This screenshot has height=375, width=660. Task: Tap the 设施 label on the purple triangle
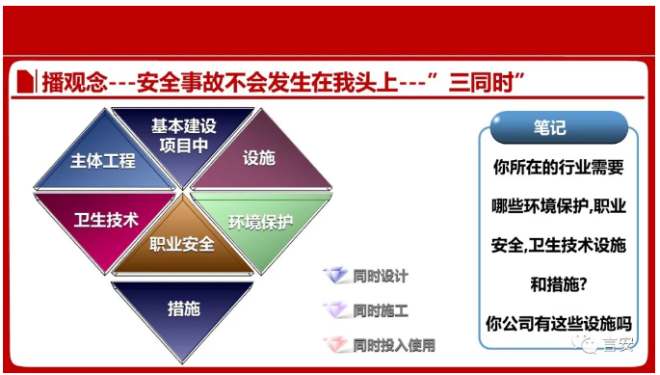tap(258, 158)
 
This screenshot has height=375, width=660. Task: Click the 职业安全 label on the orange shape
tap(181, 243)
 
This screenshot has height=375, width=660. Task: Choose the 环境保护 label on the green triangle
tap(261, 222)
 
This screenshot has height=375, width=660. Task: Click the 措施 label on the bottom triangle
tap(183, 308)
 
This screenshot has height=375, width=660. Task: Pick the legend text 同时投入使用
tap(394, 344)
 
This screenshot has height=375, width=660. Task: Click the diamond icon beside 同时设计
tap(336, 276)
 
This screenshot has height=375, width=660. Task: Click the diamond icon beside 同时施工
tap(336, 310)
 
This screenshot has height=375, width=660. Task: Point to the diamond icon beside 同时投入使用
tap(336, 344)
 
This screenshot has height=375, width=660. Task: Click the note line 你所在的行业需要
tap(558, 167)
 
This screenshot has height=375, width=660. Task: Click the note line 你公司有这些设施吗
tap(558, 323)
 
